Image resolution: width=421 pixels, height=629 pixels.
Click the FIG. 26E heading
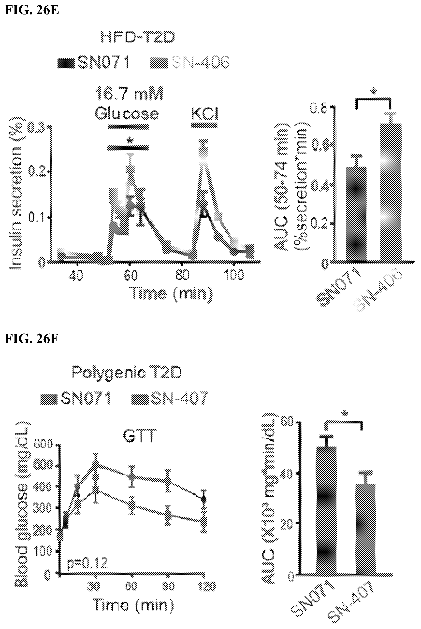coord(32,11)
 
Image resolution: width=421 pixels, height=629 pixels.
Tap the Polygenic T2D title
coord(127,372)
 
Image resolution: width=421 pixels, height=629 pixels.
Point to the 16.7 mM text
coord(129,95)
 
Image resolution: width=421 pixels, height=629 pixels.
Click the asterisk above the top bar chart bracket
coord(374,92)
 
